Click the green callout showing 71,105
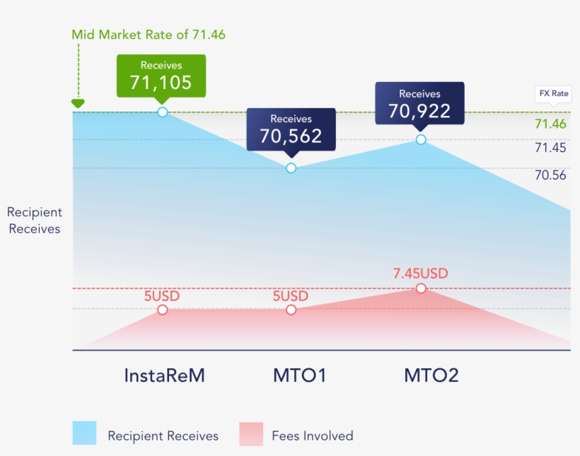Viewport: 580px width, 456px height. [161, 76]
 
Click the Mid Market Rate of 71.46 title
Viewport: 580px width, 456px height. [149, 34]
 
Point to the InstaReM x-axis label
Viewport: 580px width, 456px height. [164, 375]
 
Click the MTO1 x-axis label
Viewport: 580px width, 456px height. [300, 375]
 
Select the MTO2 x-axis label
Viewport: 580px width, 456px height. [431, 375]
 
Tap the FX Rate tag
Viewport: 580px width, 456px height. [552, 93]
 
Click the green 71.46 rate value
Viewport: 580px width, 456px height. [550, 124]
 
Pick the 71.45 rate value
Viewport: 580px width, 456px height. [550, 148]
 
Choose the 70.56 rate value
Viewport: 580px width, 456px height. [550, 175]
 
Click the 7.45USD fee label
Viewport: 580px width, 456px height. [421, 274]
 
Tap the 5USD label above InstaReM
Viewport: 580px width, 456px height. [162, 296]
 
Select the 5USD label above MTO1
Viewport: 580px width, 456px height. [291, 296]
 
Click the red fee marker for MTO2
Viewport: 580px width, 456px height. [421, 288]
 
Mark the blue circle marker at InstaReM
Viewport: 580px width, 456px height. [163, 112]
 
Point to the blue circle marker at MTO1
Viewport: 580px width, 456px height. [291, 168]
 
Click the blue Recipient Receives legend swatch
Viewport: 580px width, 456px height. [84, 433]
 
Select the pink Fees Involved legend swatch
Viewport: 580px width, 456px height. [251, 433]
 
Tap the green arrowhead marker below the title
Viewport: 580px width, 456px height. [78, 104]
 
